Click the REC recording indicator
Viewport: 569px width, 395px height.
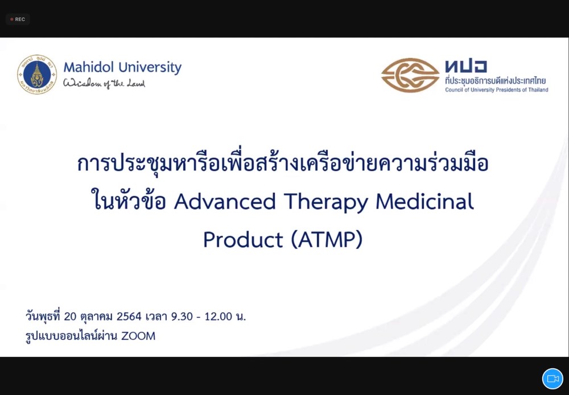[18, 19]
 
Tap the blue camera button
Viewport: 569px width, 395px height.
[552, 379]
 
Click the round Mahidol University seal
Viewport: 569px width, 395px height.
[37, 74]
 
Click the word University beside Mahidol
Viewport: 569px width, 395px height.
[150, 68]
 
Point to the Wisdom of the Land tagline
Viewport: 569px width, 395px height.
[104, 84]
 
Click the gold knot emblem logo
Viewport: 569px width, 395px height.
[410, 75]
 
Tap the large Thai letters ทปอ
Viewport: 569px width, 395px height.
[466, 66]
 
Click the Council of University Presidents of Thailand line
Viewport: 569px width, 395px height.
[496, 90]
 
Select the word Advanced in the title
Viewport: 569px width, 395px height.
[225, 202]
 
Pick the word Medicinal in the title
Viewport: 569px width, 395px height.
[425, 202]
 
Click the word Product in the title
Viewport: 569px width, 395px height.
[243, 240]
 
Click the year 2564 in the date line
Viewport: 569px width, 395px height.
[129, 317]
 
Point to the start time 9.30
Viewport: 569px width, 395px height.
[182, 317]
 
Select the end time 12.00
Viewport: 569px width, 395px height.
[218, 317]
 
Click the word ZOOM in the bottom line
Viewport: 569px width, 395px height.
[138, 336]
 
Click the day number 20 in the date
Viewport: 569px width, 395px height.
[70, 317]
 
